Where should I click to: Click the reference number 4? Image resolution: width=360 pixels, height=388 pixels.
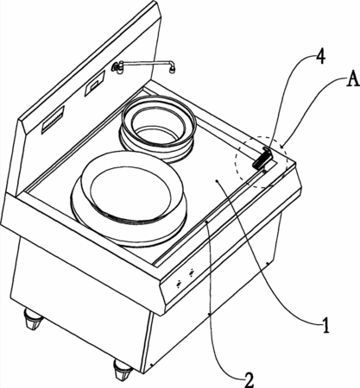[x=320, y=57]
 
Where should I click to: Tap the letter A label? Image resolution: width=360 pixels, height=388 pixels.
[x=352, y=78]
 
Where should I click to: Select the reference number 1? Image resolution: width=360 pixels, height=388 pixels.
[x=325, y=325]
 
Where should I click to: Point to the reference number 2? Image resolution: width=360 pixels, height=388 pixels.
[x=249, y=380]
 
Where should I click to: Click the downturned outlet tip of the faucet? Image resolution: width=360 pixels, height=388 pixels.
[x=172, y=69]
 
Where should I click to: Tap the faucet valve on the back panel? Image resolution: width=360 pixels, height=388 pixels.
[x=117, y=68]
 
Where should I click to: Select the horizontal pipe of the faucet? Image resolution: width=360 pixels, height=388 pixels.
[x=147, y=64]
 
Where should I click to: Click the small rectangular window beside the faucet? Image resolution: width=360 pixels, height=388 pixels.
[x=94, y=84]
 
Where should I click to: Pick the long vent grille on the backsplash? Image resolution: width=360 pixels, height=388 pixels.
[x=54, y=119]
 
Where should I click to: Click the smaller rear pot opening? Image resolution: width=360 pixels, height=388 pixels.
[x=159, y=127]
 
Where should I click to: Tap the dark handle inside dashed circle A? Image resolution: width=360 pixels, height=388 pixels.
[x=262, y=158]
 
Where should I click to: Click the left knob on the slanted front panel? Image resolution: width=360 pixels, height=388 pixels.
[x=180, y=284]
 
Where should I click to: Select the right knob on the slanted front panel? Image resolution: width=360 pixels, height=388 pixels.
[x=192, y=272]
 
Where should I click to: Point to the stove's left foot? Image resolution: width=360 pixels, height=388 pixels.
[x=32, y=319]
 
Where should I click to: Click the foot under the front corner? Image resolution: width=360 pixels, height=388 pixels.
[x=122, y=369]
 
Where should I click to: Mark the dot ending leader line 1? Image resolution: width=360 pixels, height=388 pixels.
[x=217, y=181]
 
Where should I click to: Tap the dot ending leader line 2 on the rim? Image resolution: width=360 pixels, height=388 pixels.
[x=206, y=222]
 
